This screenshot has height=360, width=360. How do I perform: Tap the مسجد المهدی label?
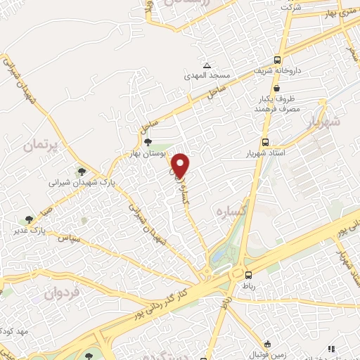tap(203, 74)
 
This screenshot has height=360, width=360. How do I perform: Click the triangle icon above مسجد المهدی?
tap(205, 63)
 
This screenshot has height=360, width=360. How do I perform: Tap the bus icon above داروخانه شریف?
tap(278, 60)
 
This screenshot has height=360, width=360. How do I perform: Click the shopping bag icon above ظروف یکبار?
tap(279, 89)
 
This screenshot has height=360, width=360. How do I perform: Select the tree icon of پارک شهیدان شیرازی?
tap(82, 171)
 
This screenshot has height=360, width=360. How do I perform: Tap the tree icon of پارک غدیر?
tap(29, 219)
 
